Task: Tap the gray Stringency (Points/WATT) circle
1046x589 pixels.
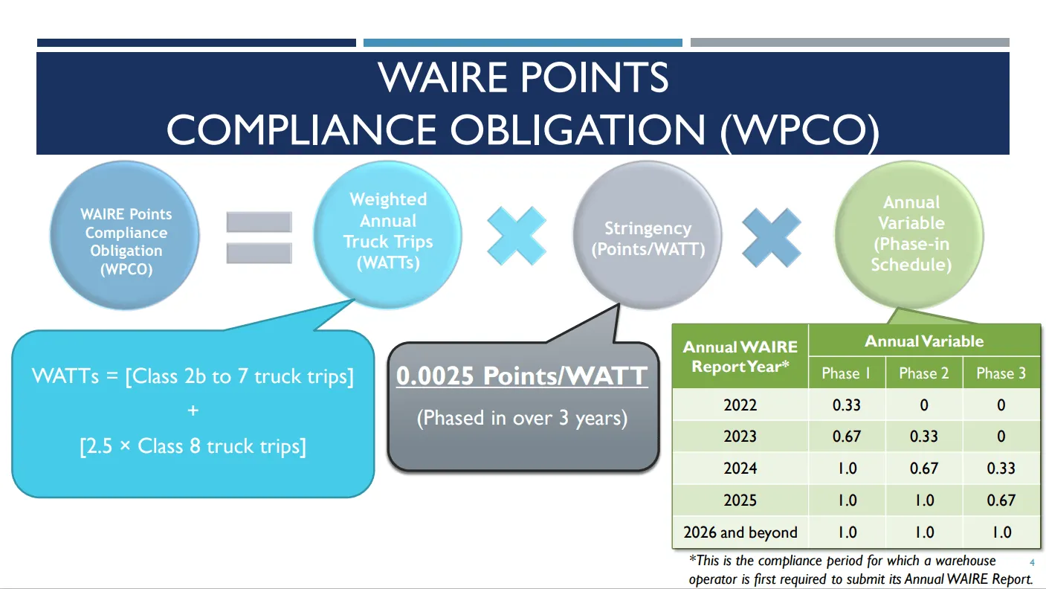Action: [x=647, y=238]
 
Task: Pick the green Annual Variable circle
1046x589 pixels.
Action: [x=910, y=234]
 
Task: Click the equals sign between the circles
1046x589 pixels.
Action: [x=259, y=237]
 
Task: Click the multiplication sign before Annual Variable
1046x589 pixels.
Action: [x=772, y=237]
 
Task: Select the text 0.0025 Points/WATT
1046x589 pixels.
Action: [x=522, y=376]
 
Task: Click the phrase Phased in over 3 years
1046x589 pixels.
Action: [x=522, y=418]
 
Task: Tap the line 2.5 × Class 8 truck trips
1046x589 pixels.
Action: [x=193, y=446]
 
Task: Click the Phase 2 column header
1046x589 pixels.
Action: [x=923, y=373]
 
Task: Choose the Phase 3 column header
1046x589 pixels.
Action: [x=1001, y=373]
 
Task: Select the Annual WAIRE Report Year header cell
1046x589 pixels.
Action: [x=740, y=356]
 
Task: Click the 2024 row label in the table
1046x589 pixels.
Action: [x=740, y=469]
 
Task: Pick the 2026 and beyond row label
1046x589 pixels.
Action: [x=740, y=532]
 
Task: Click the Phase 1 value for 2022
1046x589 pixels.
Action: [x=847, y=405]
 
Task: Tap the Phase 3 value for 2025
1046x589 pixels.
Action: [x=1001, y=501]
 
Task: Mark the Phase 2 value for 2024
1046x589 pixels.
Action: [x=923, y=469]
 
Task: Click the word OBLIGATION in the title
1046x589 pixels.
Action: [x=577, y=129]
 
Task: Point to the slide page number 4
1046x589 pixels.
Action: [x=1032, y=562]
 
